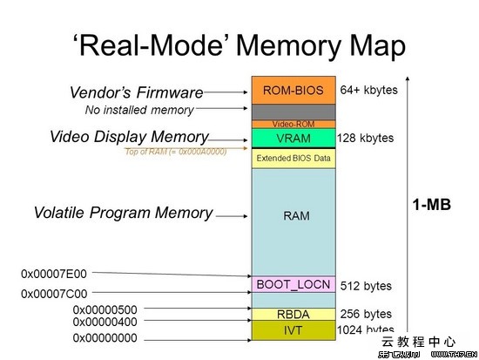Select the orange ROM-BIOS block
coord(293,90)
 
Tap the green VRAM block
coord(293,138)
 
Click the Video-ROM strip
coord(293,124)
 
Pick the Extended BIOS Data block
coord(293,159)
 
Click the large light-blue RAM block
coord(293,215)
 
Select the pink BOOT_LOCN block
coord(293,284)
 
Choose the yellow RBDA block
coord(293,314)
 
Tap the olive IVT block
coord(293,330)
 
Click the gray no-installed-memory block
coord(293,112)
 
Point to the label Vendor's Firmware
coord(136,92)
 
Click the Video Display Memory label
coord(128,137)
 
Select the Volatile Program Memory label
coord(123,213)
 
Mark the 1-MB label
coord(433,205)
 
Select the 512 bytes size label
coord(365,286)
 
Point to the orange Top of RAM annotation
coord(176,152)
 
